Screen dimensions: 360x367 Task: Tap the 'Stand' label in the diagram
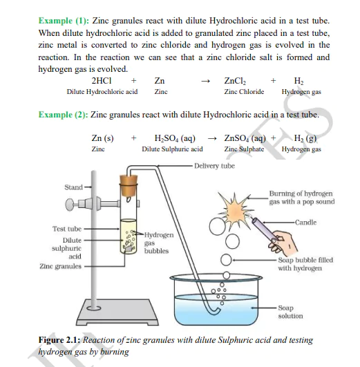(x=73, y=187)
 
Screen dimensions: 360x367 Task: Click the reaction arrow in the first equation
(x=204, y=82)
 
